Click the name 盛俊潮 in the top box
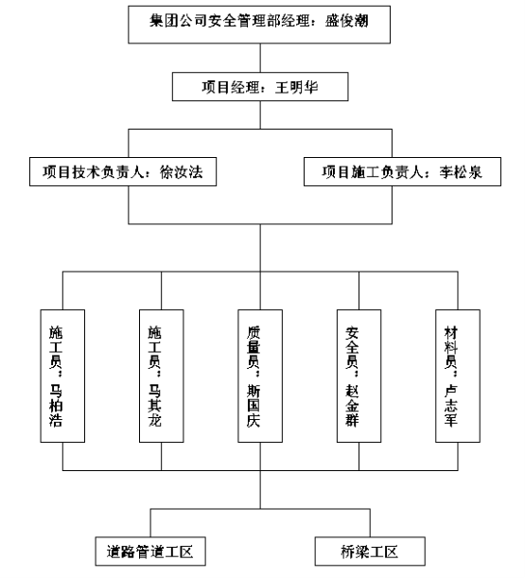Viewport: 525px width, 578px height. tap(346, 21)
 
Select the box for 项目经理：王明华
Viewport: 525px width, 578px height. tap(260, 87)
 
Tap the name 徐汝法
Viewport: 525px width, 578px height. tap(182, 172)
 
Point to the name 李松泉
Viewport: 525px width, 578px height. tap(461, 172)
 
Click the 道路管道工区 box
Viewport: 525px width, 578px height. tap(150, 552)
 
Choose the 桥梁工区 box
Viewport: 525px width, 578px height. tap(370, 552)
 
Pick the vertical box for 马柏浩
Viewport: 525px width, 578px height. tap(62, 376)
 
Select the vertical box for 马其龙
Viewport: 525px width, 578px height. tap(162, 376)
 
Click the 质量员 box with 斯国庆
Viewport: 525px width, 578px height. tap(260, 376)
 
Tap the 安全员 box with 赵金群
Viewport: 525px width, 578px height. tap(359, 376)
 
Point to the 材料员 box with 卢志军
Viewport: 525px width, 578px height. tap(458, 376)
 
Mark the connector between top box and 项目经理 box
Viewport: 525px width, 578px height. tap(260, 58)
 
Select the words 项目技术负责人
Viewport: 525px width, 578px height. tap(93, 172)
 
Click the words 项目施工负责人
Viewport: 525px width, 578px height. tap(373, 172)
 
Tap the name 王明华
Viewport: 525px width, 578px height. tap(296, 87)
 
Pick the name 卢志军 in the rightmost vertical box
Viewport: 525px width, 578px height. tap(450, 406)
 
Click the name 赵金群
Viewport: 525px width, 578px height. tap(352, 406)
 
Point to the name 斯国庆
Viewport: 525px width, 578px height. tap(254, 406)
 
